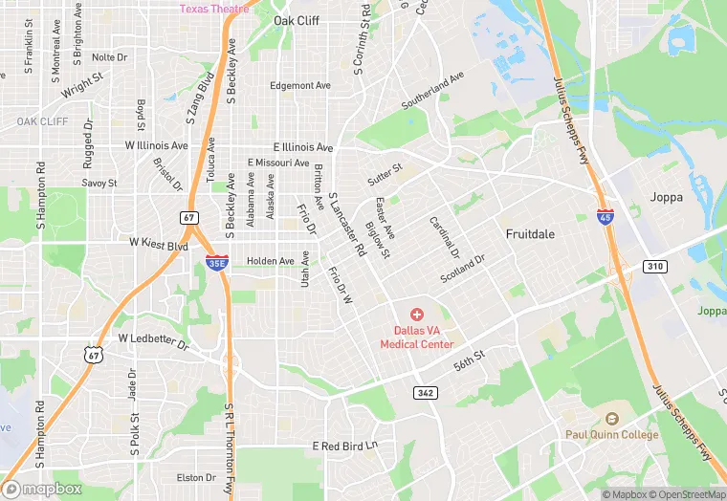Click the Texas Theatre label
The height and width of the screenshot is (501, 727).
(x=214, y=9)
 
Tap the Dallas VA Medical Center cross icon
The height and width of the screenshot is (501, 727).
(x=416, y=314)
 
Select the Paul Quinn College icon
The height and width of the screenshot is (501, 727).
(x=611, y=419)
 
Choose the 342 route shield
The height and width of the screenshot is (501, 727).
(x=426, y=393)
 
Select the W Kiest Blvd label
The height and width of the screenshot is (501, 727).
(x=158, y=244)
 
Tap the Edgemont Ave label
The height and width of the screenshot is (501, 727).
(x=299, y=85)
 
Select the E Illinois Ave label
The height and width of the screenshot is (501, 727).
(x=302, y=147)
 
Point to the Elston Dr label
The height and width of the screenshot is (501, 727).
(x=196, y=477)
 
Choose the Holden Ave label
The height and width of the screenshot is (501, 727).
(x=271, y=261)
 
